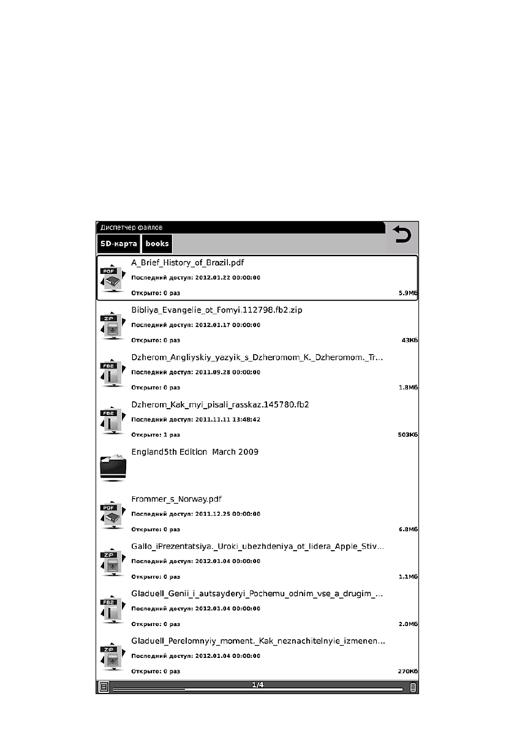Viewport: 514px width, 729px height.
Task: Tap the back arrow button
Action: (402, 235)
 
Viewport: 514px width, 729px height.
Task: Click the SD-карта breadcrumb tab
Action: (119, 244)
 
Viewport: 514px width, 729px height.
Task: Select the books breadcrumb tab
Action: (157, 244)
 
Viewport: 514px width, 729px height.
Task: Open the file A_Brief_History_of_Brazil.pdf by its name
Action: (188, 262)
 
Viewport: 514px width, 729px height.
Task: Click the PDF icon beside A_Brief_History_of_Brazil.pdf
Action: (111, 279)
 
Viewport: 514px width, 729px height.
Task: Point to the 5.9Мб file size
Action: (408, 293)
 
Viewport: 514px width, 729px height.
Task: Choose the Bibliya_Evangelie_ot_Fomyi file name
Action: (216, 310)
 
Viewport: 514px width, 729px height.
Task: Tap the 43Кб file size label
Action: (409, 340)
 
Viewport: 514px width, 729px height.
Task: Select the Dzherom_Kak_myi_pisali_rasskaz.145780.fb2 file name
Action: (220, 404)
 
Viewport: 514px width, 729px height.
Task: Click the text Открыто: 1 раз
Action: (156, 435)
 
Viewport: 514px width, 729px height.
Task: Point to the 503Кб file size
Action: (408, 435)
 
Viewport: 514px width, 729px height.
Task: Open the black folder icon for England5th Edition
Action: (111, 469)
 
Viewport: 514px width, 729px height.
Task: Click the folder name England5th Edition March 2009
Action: (195, 452)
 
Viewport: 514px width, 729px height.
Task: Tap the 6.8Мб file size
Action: (408, 529)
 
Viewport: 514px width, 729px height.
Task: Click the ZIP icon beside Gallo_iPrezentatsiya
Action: (111, 562)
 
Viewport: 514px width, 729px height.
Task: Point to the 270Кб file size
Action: (408, 671)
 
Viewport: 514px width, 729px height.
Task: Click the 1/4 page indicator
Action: (257, 684)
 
